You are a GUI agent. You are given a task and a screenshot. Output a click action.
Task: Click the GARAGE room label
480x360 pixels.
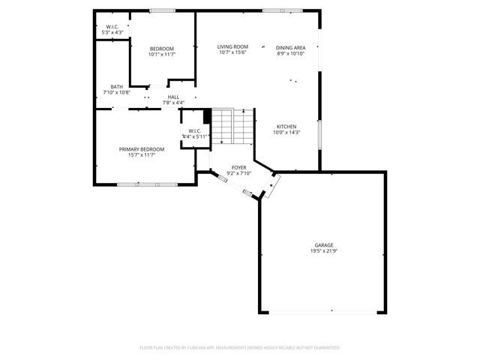click(324, 244)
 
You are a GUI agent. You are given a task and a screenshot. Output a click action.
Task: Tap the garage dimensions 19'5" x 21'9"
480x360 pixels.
click(324, 250)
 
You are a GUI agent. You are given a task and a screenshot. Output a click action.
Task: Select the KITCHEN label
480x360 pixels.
click(286, 126)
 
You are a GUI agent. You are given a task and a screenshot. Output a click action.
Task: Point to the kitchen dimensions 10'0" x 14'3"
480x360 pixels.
click(286, 132)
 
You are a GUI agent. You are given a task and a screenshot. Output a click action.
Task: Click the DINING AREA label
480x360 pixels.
click(291, 46)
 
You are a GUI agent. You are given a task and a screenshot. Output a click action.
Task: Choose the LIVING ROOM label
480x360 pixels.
click(233, 46)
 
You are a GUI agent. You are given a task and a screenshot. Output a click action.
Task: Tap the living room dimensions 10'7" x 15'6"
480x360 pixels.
click(233, 52)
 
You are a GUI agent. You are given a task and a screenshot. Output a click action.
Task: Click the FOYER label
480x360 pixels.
click(238, 167)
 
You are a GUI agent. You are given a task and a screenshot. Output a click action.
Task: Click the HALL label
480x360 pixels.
click(173, 97)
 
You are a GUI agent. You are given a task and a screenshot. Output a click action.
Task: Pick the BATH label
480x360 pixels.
click(116, 86)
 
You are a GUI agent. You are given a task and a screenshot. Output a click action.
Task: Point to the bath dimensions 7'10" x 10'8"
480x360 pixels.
click(116, 92)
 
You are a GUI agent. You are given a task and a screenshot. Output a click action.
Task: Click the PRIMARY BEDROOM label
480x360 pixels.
click(142, 148)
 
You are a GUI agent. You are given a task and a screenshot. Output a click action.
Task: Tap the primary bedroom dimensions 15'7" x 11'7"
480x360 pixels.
click(142, 154)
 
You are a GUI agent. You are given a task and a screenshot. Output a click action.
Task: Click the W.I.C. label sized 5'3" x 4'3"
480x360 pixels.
click(112, 29)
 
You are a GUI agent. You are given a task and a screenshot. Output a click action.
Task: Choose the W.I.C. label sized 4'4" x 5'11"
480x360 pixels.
click(193, 133)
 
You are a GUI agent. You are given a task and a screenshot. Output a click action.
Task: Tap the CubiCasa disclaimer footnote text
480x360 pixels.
click(240, 348)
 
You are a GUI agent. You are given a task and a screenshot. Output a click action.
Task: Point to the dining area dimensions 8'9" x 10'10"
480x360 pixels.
click(291, 52)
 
